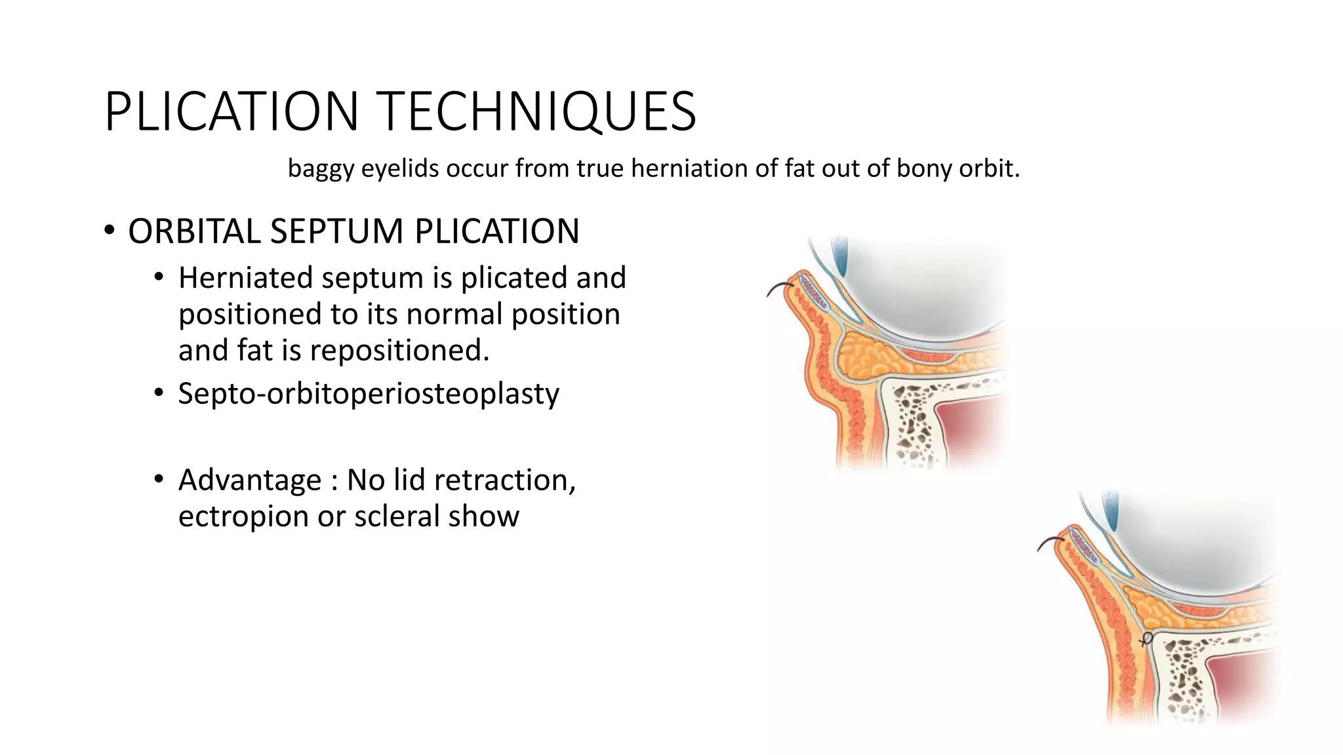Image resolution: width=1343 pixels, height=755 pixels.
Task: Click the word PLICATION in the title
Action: (x=231, y=111)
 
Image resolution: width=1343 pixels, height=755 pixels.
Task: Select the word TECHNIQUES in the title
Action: (x=538, y=111)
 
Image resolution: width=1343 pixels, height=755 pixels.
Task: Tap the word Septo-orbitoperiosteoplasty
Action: (x=369, y=394)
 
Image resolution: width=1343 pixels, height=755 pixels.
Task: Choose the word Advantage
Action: (x=250, y=480)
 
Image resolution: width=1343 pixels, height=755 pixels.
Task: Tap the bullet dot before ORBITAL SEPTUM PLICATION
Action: (x=109, y=231)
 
